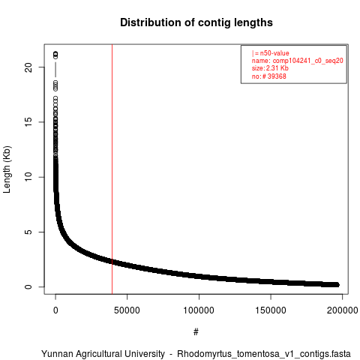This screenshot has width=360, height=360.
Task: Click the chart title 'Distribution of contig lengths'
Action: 196,22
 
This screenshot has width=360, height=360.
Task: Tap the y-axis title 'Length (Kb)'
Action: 7,169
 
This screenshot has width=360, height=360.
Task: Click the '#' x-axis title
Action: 196,332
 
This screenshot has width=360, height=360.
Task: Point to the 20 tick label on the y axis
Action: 28,67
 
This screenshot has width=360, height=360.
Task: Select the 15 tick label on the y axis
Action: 28,122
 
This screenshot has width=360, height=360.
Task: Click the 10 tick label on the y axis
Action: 28,177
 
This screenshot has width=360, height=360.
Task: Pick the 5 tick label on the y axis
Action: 28,232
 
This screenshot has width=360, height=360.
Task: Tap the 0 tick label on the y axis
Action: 28,286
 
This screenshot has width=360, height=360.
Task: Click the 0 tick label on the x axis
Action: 55,310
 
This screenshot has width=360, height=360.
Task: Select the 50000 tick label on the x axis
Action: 127,310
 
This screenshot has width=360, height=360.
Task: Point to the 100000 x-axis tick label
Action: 199,310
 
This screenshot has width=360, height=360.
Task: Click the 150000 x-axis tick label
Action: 271,310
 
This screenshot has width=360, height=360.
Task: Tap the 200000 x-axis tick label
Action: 342,310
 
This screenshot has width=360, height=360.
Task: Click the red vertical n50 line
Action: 112,169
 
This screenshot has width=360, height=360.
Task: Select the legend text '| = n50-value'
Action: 271,53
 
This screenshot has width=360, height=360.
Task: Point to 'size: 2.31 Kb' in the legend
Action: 270,68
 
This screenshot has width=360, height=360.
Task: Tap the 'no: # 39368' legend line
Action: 268,76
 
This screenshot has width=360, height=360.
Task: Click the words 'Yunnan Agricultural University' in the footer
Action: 103,354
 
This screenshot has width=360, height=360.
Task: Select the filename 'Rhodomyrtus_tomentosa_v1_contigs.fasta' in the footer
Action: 264,354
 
